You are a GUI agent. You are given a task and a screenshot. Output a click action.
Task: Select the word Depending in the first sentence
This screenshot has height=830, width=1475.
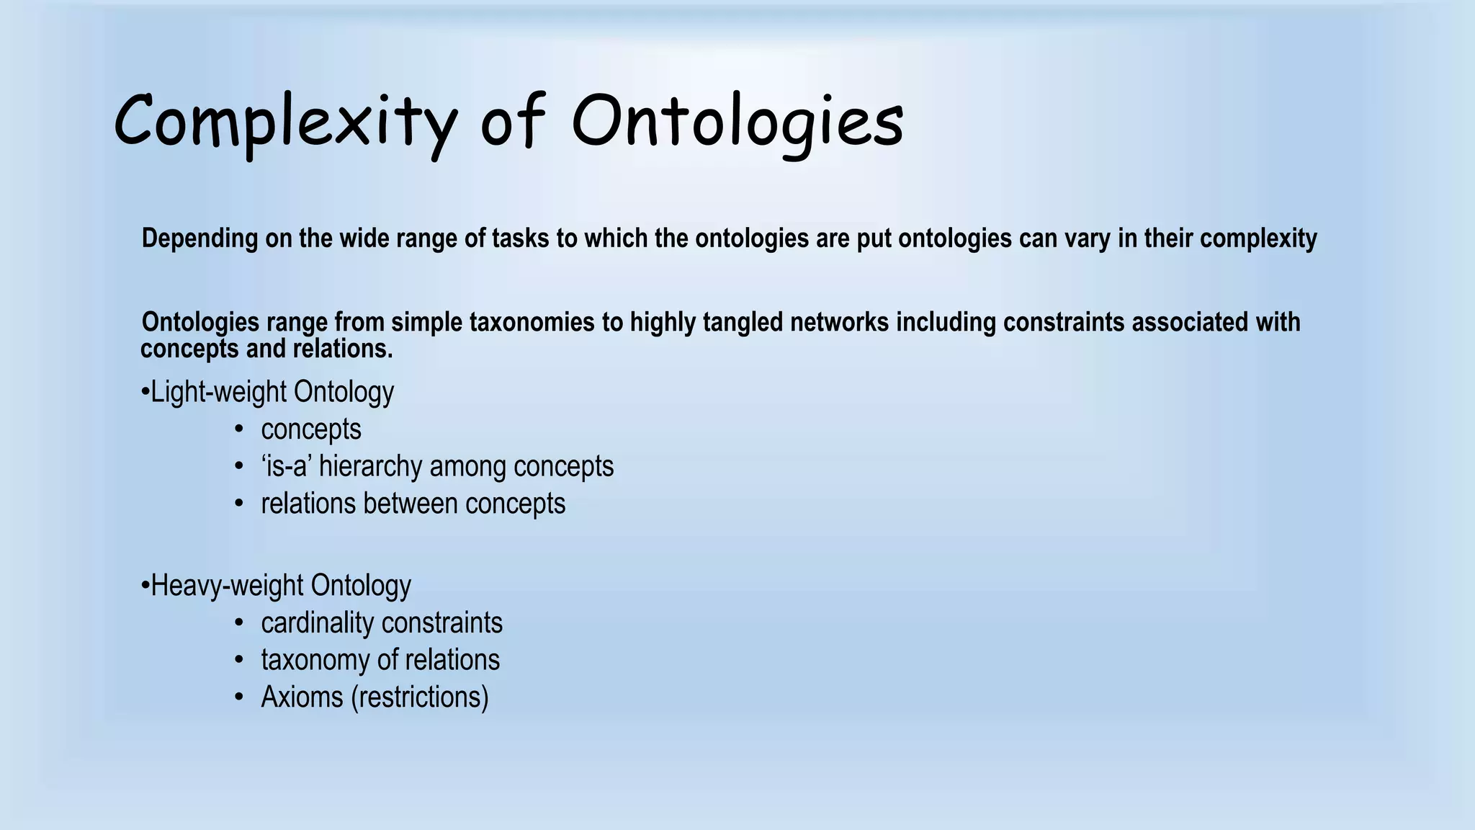199,238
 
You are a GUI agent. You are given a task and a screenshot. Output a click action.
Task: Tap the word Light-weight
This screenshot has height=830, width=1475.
219,392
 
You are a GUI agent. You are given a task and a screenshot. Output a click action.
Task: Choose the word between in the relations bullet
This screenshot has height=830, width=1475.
410,504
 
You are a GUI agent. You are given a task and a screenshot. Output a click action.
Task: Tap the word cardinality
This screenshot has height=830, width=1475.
317,622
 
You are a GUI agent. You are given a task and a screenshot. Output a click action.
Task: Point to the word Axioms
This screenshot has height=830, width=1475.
302,697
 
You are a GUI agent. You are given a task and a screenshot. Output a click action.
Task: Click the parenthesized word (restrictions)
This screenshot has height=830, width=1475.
420,697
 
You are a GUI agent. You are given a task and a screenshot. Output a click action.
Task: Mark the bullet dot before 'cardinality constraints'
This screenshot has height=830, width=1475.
239,623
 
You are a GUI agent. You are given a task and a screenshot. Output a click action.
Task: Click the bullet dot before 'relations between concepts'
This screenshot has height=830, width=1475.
239,504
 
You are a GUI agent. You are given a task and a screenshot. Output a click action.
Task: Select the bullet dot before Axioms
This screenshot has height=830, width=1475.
239,697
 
